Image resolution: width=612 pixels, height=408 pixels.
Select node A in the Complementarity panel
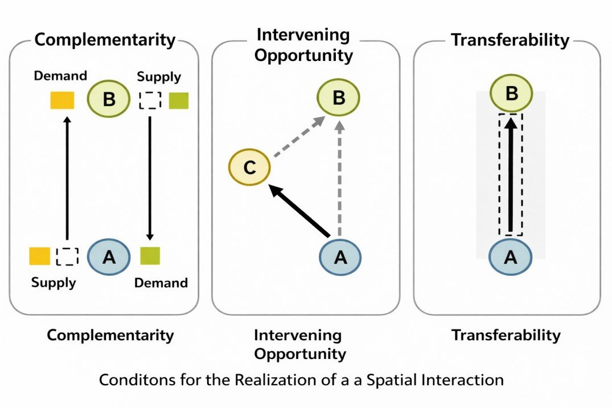click(x=108, y=257)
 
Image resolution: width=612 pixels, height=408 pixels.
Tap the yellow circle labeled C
click(x=249, y=168)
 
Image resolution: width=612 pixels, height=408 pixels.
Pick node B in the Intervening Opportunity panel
click(x=339, y=97)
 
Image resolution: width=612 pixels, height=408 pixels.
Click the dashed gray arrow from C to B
click(x=298, y=137)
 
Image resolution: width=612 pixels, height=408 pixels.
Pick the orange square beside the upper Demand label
click(x=62, y=100)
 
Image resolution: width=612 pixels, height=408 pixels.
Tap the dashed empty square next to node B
click(x=150, y=100)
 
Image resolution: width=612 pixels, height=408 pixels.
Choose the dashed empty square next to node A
click(x=67, y=256)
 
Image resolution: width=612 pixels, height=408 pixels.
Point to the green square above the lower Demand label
click(x=150, y=256)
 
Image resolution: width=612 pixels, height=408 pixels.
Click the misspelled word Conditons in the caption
click(x=128, y=380)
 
